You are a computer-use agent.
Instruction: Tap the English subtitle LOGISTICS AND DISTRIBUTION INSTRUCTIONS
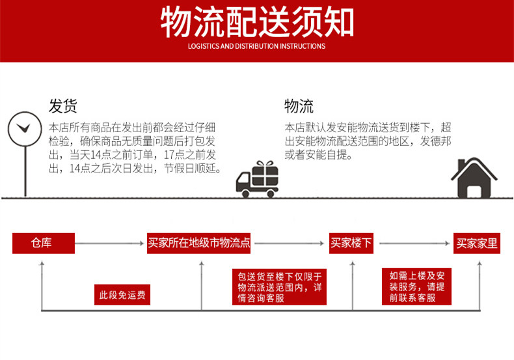point(257,46)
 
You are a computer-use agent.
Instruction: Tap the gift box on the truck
point(265,174)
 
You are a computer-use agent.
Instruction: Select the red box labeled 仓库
point(41,243)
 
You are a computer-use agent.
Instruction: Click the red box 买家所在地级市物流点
point(199,243)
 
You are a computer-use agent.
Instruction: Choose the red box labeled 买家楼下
point(351,243)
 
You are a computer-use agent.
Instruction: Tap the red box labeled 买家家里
point(477,243)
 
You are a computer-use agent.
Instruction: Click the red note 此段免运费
point(122,295)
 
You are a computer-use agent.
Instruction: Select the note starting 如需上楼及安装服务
point(416,286)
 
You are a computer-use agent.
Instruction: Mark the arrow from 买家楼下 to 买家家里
point(414,243)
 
